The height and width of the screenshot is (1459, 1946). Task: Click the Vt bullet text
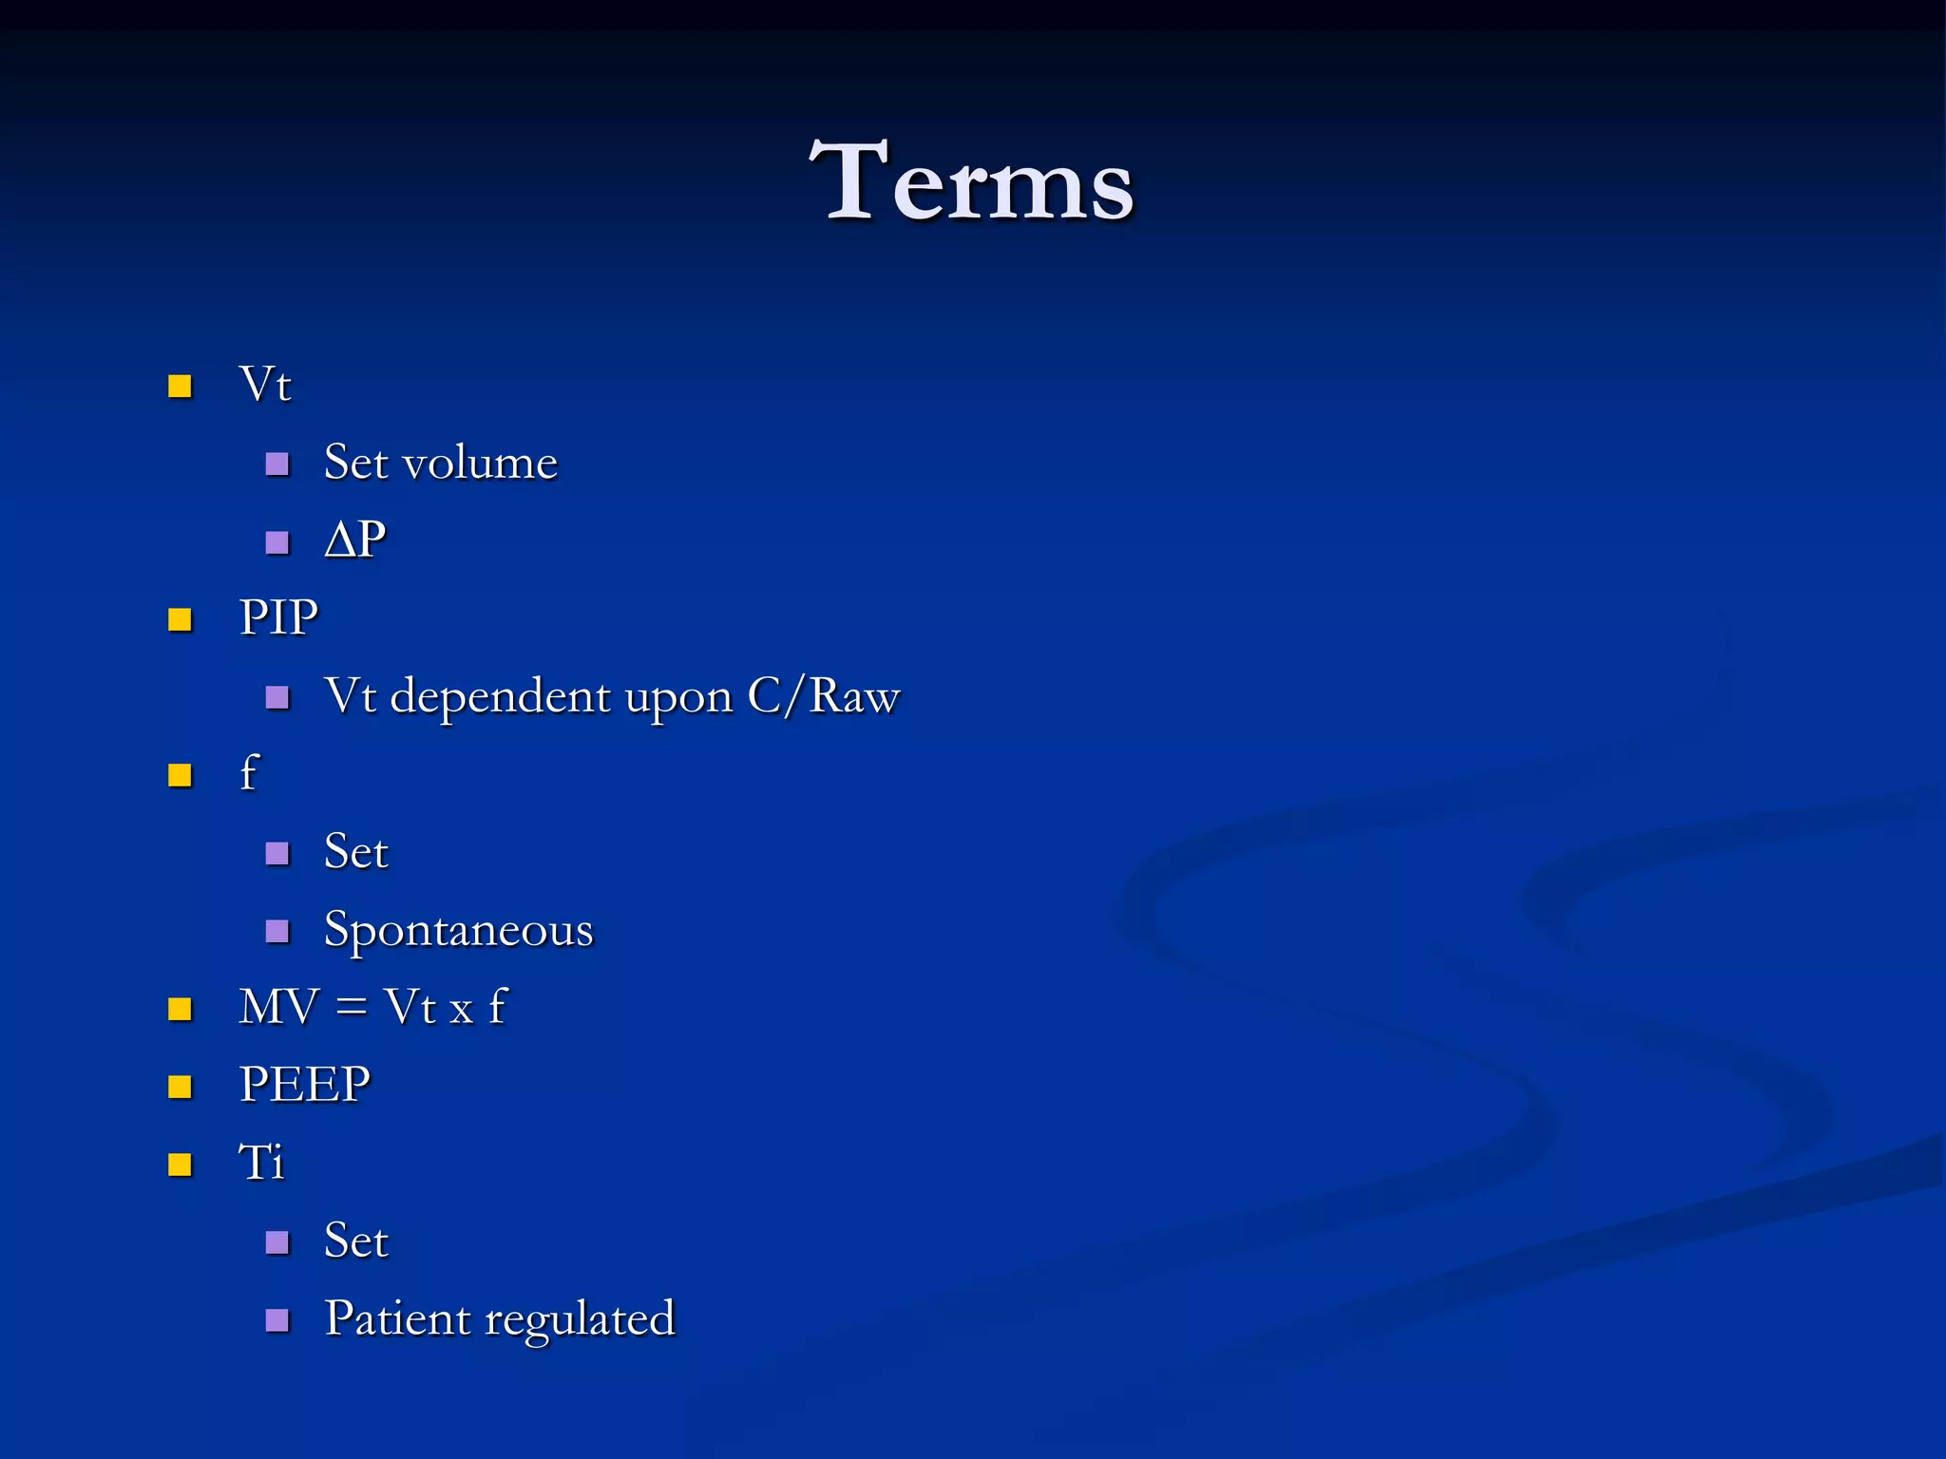[265, 385]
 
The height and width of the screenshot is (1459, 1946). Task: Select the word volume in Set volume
[480, 463]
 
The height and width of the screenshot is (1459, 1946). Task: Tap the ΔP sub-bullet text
[355, 540]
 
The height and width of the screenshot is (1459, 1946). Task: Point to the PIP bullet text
[278, 617]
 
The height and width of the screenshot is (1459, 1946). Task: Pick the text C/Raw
[823, 696]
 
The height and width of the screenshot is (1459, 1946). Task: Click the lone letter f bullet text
[249, 772]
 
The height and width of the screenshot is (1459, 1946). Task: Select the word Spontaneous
[458, 929]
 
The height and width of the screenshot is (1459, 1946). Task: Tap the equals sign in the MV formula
[352, 1007]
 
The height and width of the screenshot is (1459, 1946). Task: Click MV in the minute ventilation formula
[277, 1007]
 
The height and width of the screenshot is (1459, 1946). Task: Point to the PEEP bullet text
[304, 1084]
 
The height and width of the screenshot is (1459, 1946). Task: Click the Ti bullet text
[261, 1162]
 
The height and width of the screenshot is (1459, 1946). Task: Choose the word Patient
[397, 1318]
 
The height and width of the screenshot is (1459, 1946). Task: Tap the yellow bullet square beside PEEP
[180, 1086]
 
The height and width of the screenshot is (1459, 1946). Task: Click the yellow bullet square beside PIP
[180, 619]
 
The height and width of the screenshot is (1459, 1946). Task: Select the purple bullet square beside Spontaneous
[277, 931]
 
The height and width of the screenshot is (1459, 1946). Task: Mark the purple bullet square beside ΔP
[277, 542]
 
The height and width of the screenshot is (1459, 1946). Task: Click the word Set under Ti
[356, 1241]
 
